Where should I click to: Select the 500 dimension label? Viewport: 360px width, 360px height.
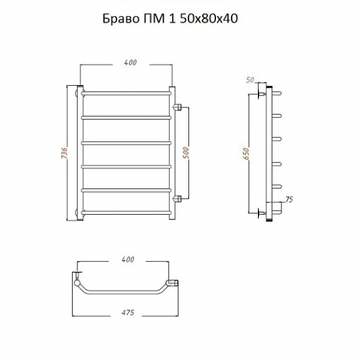[185, 152]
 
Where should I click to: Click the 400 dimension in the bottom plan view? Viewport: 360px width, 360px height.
[128, 260]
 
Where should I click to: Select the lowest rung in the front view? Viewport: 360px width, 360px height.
[126, 211]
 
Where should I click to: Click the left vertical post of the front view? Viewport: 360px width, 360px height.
[80, 153]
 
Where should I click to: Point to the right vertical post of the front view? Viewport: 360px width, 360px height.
[172, 153]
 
